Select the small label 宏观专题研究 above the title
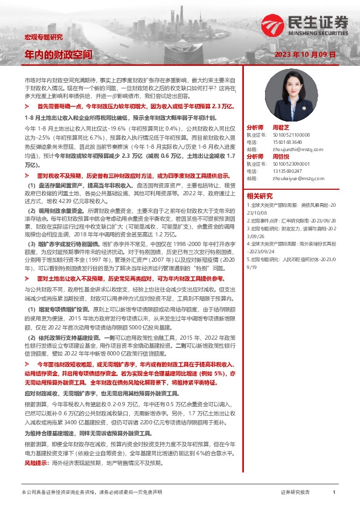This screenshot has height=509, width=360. (43, 37)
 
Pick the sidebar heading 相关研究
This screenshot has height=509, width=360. (261, 196)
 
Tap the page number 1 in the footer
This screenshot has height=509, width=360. (334, 493)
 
